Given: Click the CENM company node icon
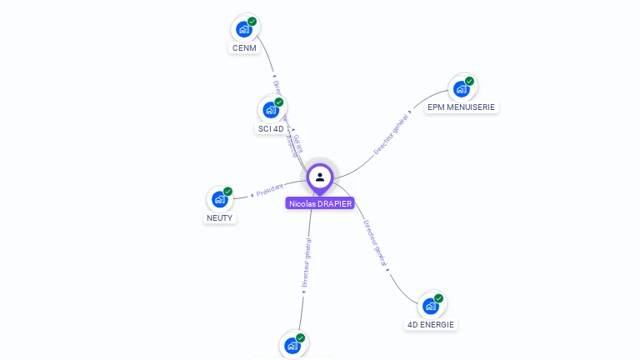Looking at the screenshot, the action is pyautogui.click(x=243, y=29).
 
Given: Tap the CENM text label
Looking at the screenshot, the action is pyautogui.click(x=243, y=48).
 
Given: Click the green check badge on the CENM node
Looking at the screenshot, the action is pyautogui.click(x=252, y=22).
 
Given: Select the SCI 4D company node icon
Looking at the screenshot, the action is pyautogui.click(x=270, y=110).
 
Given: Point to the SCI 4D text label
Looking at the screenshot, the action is pyautogui.click(x=271, y=129).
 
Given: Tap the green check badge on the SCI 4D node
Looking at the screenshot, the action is pyautogui.click(x=279, y=102).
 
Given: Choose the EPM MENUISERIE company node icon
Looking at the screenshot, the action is pyautogui.click(x=461, y=89).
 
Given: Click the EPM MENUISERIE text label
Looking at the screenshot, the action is pyautogui.click(x=461, y=107).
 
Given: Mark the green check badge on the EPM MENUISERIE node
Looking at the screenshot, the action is pyautogui.click(x=470, y=82).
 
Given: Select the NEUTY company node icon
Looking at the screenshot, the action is pyautogui.click(x=219, y=199).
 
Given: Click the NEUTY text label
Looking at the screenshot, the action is pyautogui.click(x=220, y=218).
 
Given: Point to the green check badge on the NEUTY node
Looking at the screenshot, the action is pyautogui.click(x=228, y=192).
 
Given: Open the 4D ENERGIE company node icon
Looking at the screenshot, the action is pyautogui.click(x=430, y=306).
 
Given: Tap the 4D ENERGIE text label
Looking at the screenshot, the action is pyautogui.click(x=431, y=324).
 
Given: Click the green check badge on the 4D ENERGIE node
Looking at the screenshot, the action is pyautogui.click(x=439, y=298).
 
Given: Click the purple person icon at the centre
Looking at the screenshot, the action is pyautogui.click(x=320, y=177).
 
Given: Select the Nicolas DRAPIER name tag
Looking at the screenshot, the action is pyautogui.click(x=320, y=203).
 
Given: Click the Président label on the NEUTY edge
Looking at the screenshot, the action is pyautogui.click(x=269, y=190).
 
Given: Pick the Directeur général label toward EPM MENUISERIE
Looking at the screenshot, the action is pyautogui.click(x=391, y=135).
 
